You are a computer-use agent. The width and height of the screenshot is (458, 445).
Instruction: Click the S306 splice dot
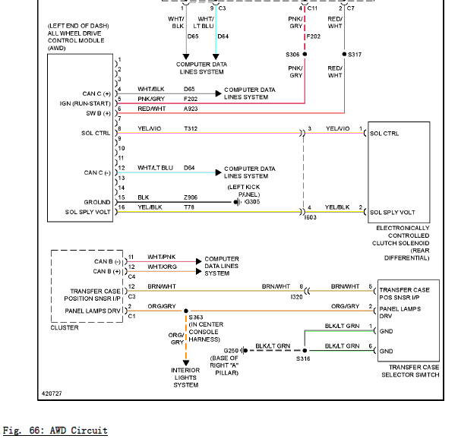click(305, 54)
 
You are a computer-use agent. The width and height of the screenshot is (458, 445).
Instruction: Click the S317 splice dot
click(344, 54)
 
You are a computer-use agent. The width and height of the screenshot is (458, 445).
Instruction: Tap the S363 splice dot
click(186, 311)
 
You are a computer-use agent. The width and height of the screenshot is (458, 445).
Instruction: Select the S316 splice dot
click(305, 350)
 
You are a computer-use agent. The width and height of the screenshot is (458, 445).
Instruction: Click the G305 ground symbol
click(238, 202)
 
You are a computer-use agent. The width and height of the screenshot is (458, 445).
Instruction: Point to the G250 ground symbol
click(244, 350)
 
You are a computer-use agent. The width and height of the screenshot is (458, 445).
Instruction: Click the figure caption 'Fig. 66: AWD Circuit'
click(55, 431)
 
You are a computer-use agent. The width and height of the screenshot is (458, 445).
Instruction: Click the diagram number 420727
click(52, 393)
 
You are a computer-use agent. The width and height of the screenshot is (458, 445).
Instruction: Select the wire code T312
click(191, 128)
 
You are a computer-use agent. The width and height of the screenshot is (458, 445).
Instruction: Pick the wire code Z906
click(191, 197)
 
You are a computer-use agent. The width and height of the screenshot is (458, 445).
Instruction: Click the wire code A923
click(191, 109)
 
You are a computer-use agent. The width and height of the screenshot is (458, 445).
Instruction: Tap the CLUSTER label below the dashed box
click(65, 327)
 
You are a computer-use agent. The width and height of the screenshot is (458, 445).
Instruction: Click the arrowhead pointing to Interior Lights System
click(186, 363)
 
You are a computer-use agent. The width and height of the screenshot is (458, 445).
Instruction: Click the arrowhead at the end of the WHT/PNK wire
click(199, 261)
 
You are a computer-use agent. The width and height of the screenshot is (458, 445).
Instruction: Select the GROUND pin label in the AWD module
click(97, 202)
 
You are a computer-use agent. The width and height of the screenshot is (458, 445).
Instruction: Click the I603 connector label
click(310, 217)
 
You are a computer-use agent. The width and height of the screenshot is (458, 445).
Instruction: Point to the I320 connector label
click(296, 297)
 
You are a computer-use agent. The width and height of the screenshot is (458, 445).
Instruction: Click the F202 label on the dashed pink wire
click(314, 36)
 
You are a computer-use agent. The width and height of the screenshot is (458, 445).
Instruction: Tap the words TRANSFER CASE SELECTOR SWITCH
click(410, 371)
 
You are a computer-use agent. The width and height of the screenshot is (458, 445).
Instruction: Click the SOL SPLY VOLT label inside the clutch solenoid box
click(393, 213)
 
